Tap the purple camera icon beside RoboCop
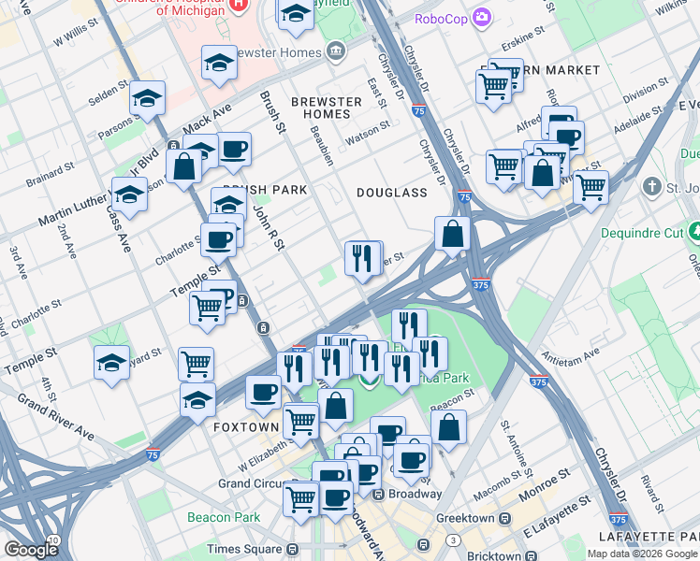[482, 17]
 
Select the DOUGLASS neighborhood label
[391, 193]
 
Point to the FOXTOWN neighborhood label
[245, 426]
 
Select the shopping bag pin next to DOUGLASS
[453, 235]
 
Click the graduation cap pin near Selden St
[147, 98]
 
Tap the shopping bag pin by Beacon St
[449, 427]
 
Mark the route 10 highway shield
[54, 540]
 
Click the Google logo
[31, 550]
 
